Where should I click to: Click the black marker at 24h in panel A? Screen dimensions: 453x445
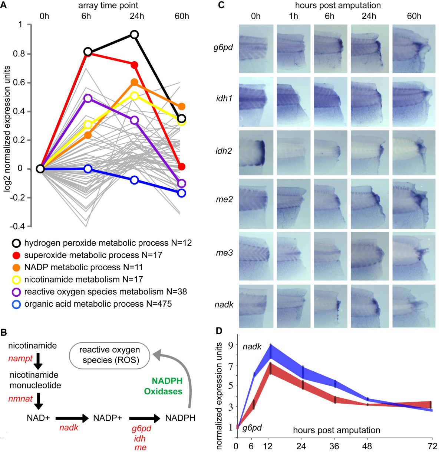click(x=134, y=35)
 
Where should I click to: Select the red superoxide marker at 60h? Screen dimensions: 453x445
click(x=181, y=167)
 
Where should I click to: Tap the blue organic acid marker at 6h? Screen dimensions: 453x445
click(x=88, y=169)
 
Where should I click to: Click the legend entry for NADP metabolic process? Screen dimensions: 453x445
click(x=83, y=267)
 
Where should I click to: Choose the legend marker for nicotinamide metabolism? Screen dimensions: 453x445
click(x=16, y=280)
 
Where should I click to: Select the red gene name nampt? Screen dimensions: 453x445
click(x=20, y=358)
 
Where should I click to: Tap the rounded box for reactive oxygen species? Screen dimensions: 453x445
click(x=109, y=355)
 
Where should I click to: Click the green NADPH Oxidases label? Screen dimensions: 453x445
click(x=163, y=386)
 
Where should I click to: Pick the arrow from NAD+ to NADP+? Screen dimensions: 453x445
click(x=72, y=418)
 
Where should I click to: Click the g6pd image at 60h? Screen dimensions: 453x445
click(x=414, y=49)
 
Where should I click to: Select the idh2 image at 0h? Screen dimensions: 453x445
click(x=256, y=153)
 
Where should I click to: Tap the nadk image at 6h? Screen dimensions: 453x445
click(x=330, y=306)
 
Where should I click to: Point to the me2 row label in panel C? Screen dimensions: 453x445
click(x=224, y=199)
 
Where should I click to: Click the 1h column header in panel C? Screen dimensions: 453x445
click(x=293, y=16)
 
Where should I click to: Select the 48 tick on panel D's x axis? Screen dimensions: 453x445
click(x=367, y=446)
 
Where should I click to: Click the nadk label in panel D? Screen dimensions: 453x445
click(x=252, y=347)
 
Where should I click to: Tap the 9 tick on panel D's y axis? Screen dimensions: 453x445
click(x=230, y=345)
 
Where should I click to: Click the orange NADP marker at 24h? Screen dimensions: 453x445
click(x=134, y=82)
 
